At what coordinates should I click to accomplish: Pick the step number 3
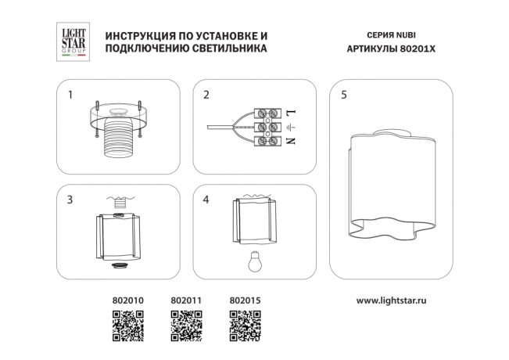70,200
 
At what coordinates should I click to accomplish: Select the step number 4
206,200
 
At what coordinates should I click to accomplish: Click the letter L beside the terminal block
290,113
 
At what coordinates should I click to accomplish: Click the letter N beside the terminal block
290,141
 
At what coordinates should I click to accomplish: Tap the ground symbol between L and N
290,127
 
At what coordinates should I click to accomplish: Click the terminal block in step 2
266,127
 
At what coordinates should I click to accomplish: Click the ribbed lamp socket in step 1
119,136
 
